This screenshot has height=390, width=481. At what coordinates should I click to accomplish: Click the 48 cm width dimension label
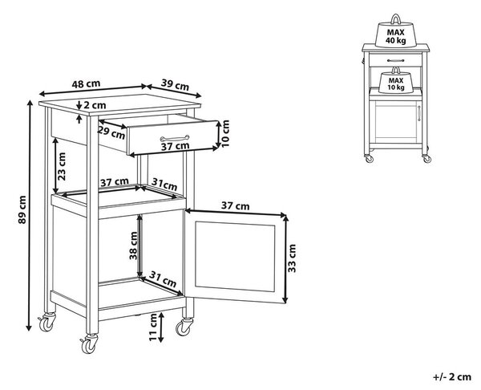coord(86,83)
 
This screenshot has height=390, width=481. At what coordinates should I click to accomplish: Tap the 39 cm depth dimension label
coord(175,85)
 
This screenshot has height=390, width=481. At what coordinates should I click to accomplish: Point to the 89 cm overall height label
coord(22,209)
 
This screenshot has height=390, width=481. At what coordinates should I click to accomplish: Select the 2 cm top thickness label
coord(95,105)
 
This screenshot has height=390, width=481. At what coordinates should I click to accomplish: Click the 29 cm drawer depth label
coord(111,132)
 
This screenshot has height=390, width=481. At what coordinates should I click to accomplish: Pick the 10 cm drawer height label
coord(225,133)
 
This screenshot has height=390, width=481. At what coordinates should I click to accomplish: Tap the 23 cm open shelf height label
coord(62,166)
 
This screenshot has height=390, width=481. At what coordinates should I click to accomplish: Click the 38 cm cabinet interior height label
coord(133,246)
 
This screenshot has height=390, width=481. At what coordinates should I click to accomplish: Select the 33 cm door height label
coord(292,258)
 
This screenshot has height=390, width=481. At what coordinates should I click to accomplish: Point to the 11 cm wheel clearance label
coord(152,327)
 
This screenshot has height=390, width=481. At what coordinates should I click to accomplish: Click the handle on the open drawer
coord(175,138)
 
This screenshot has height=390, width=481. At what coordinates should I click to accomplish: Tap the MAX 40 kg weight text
coord(395,36)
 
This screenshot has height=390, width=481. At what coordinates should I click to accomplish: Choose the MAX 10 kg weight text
coord(396,83)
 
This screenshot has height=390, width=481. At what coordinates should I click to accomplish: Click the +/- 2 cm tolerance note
coord(452,377)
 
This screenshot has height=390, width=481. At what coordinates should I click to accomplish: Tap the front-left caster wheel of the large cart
coord(89,344)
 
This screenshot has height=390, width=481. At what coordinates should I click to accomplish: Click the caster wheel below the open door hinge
coord(184,327)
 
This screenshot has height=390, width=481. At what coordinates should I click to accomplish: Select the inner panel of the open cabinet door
coord(235,257)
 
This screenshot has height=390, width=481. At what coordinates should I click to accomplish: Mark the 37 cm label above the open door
coord(235,206)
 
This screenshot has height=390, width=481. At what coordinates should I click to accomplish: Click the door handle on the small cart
coord(418,112)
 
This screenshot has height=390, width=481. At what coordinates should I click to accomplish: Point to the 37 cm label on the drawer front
coord(175,146)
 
